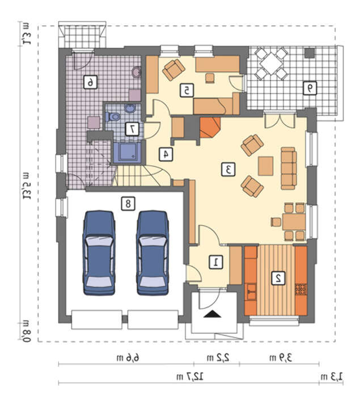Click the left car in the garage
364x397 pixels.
tap(99, 253)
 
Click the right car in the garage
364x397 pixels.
tap(153, 253)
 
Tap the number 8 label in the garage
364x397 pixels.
tap(128, 204)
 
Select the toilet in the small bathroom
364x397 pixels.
tap(113, 117)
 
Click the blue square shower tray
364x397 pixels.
tap(127, 152)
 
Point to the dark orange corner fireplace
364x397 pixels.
tap(210, 127)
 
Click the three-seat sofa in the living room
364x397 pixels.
tap(289, 168)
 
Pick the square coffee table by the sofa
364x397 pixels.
tap(265, 166)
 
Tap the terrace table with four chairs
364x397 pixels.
tap(271, 64)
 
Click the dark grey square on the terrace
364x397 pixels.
tap(310, 53)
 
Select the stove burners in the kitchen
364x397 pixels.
tap(301, 290)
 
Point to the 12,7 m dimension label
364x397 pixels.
tap(190, 377)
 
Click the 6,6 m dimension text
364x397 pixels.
tap(128, 358)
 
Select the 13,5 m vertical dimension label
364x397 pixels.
tap(27, 187)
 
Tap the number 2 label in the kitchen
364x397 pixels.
tap(278, 278)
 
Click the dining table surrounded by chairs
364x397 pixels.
tap(294, 222)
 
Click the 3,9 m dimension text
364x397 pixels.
tap(281, 358)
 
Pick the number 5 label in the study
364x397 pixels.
tap(187, 90)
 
